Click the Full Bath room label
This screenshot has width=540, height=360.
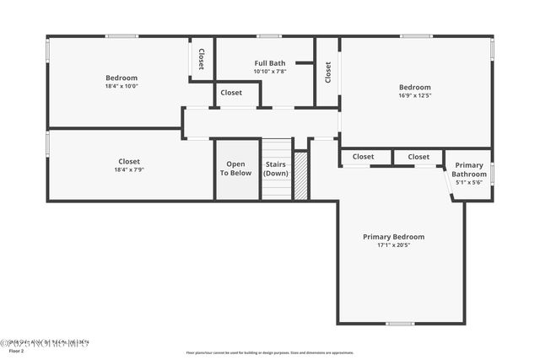pos(271,63)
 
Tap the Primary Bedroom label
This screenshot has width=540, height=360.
pos(393,237)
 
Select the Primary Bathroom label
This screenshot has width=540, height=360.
pos(469,169)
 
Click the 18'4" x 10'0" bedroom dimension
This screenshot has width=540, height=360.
pos(121,86)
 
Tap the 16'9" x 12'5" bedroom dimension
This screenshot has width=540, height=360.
pos(414,95)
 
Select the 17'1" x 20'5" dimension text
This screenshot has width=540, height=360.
pos(393,245)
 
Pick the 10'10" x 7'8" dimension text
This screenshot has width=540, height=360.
pos(271,72)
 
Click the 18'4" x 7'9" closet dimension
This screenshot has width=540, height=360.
pos(129,169)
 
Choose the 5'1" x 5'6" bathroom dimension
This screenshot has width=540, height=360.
pos(469,182)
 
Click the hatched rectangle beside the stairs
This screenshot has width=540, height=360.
pos(300,175)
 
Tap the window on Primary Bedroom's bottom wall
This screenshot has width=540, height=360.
pos(400,324)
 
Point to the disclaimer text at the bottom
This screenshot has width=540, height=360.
pos(270,353)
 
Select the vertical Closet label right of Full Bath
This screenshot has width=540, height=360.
pos(327,72)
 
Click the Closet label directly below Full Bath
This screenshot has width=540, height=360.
pos(231,93)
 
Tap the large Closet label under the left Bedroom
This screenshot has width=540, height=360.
pos(129,161)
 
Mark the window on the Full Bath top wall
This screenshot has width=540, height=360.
pos(269,36)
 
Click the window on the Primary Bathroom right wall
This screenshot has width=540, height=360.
pos(492,173)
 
